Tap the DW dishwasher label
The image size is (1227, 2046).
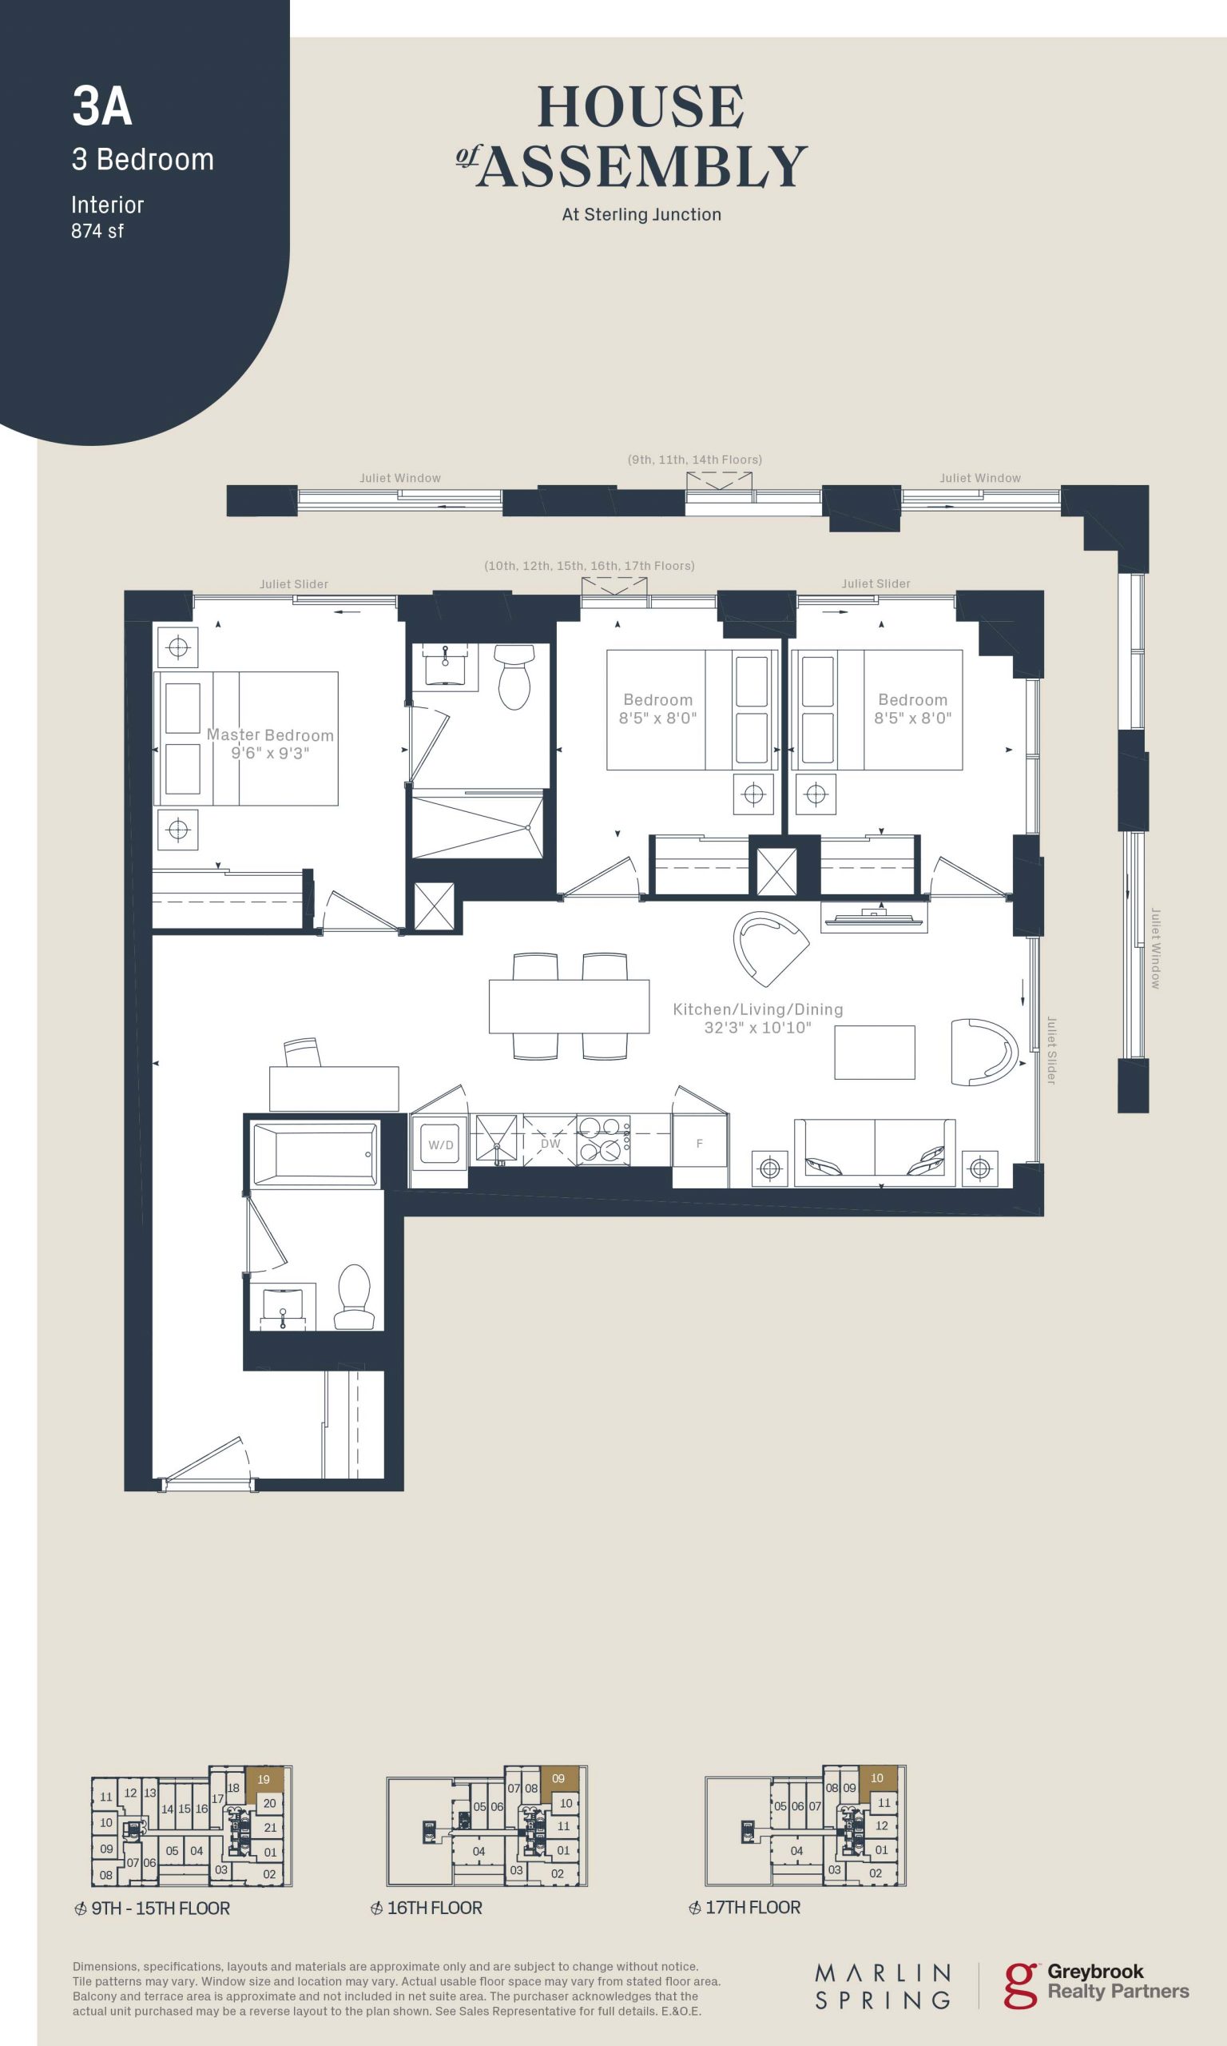[550, 1144]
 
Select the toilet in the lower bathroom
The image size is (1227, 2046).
[355, 1297]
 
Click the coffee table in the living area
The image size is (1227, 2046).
[875, 1052]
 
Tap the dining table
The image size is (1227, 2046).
[569, 1005]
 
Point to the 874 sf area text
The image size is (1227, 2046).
[97, 231]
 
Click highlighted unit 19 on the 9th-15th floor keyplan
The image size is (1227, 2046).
[264, 1779]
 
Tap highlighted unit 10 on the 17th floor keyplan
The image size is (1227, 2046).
[877, 1778]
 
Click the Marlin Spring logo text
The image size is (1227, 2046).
[883, 1986]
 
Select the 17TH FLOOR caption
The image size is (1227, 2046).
[752, 1907]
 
